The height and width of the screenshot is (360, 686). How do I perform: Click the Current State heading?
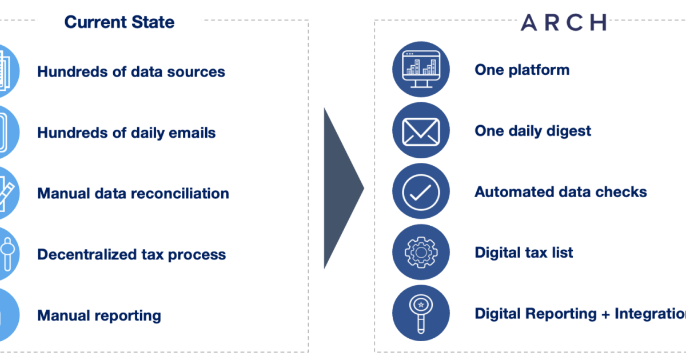click(119, 22)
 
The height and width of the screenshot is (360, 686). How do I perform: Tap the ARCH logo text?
click(564, 22)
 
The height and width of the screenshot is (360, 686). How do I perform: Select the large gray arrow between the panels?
click(344, 188)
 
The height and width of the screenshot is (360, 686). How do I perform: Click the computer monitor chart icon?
click(421, 69)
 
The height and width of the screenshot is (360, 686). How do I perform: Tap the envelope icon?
click(421, 131)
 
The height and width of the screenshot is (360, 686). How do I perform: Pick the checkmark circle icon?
click(421, 193)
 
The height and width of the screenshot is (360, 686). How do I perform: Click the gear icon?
click(421, 253)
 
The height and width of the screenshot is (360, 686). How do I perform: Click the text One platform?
click(522, 70)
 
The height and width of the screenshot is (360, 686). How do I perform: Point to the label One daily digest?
click(533, 131)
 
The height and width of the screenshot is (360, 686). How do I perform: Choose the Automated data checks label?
click(561, 192)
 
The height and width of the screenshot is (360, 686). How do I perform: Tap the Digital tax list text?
click(524, 253)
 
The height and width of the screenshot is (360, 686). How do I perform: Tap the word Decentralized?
click(87, 254)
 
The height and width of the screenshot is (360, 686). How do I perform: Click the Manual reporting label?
click(99, 316)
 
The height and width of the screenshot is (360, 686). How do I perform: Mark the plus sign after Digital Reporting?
click(606, 315)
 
